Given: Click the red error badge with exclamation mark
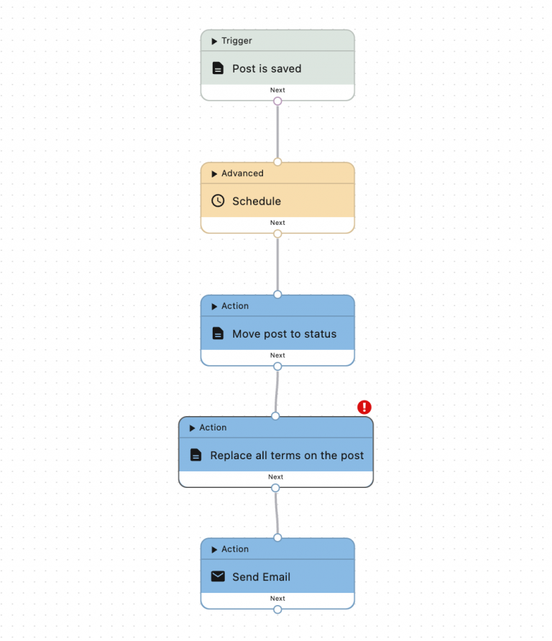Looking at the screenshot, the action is point(364,407).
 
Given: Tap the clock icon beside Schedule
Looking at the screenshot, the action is point(218,200).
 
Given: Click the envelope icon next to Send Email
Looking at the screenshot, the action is point(218,576).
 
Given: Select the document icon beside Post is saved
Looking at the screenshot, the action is point(218,68).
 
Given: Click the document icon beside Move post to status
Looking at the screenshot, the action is point(218,333).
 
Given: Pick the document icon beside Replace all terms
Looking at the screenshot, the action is point(195,455).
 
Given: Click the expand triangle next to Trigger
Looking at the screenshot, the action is point(214,41).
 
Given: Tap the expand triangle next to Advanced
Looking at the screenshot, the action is point(214,174).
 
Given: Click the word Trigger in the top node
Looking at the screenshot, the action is point(236,41).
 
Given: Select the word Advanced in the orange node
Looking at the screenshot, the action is point(242,173).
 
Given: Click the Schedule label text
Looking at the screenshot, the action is point(257,201).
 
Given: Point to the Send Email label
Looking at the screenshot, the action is point(262,577).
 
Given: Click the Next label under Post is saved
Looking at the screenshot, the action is point(277,90).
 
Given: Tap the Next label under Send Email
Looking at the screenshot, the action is point(277,599).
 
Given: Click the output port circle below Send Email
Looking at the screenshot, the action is point(277,609).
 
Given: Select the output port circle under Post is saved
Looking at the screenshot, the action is point(277,101).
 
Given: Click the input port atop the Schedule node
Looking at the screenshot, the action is point(277,162).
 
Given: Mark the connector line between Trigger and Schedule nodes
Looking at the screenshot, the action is point(277,132).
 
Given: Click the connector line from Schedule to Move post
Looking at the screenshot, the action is point(277,264).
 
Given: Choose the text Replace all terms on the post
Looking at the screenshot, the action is point(287,456).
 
